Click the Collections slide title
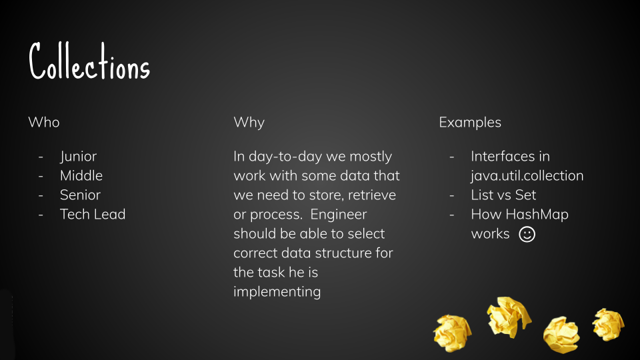(89, 61)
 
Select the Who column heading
(44, 122)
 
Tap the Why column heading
(249, 123)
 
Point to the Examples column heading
(470, 123)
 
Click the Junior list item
(79, 157)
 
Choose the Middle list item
(81, 175)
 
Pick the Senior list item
(80, 195)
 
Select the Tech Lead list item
(93, 214)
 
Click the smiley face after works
(527, 234)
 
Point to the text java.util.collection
(527, 176)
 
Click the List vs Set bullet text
(503, 195)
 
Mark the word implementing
(277, 292)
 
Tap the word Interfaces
(499, 156)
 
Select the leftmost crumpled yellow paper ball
(453, 333)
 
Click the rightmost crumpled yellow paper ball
(608, 325)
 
